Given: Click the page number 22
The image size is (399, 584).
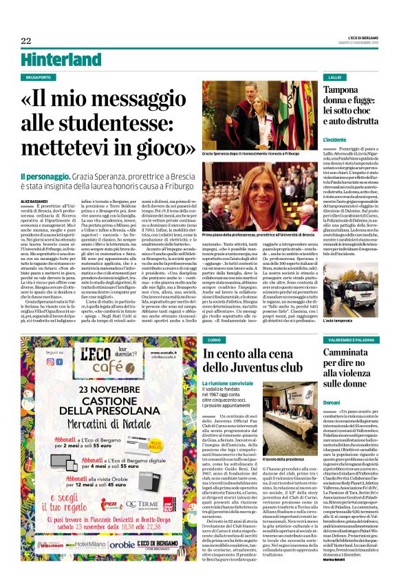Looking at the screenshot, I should [26, 41].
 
